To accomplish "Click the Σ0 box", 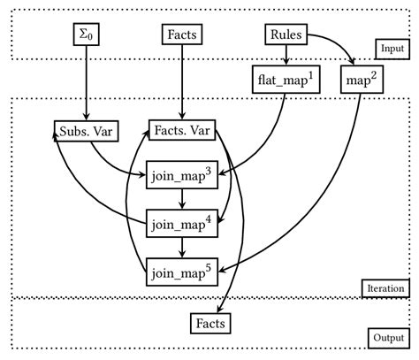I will [86, 35].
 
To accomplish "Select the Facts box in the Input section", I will [181, 35].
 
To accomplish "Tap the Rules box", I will [284, 35].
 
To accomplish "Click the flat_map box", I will [286, 81].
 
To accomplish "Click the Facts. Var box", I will [183, 131].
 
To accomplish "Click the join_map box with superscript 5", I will [182, 270].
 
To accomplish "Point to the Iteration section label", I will [384, 287].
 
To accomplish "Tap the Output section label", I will [386, 338].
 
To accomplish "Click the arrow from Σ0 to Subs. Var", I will [86, 84].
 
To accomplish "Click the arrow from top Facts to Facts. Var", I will [181, 84].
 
